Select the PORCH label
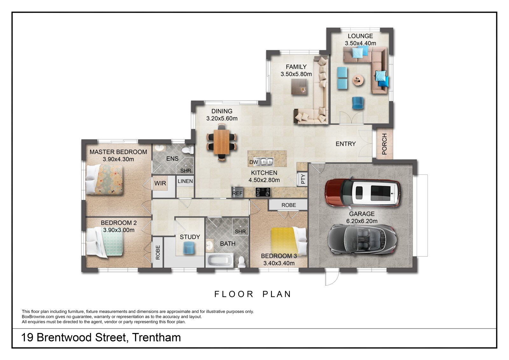(384, 144)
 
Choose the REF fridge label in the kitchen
(237, 193)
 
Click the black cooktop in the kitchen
(263, 192)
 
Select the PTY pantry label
(303, 179)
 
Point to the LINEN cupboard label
(185, 181)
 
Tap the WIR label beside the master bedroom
(160, 183)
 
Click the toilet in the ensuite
(188, 150)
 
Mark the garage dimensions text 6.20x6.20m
(362, 221)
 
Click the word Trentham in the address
(157, 337)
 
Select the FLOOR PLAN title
(253, 294)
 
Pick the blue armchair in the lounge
(358, 103)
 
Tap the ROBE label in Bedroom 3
(289, 205)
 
